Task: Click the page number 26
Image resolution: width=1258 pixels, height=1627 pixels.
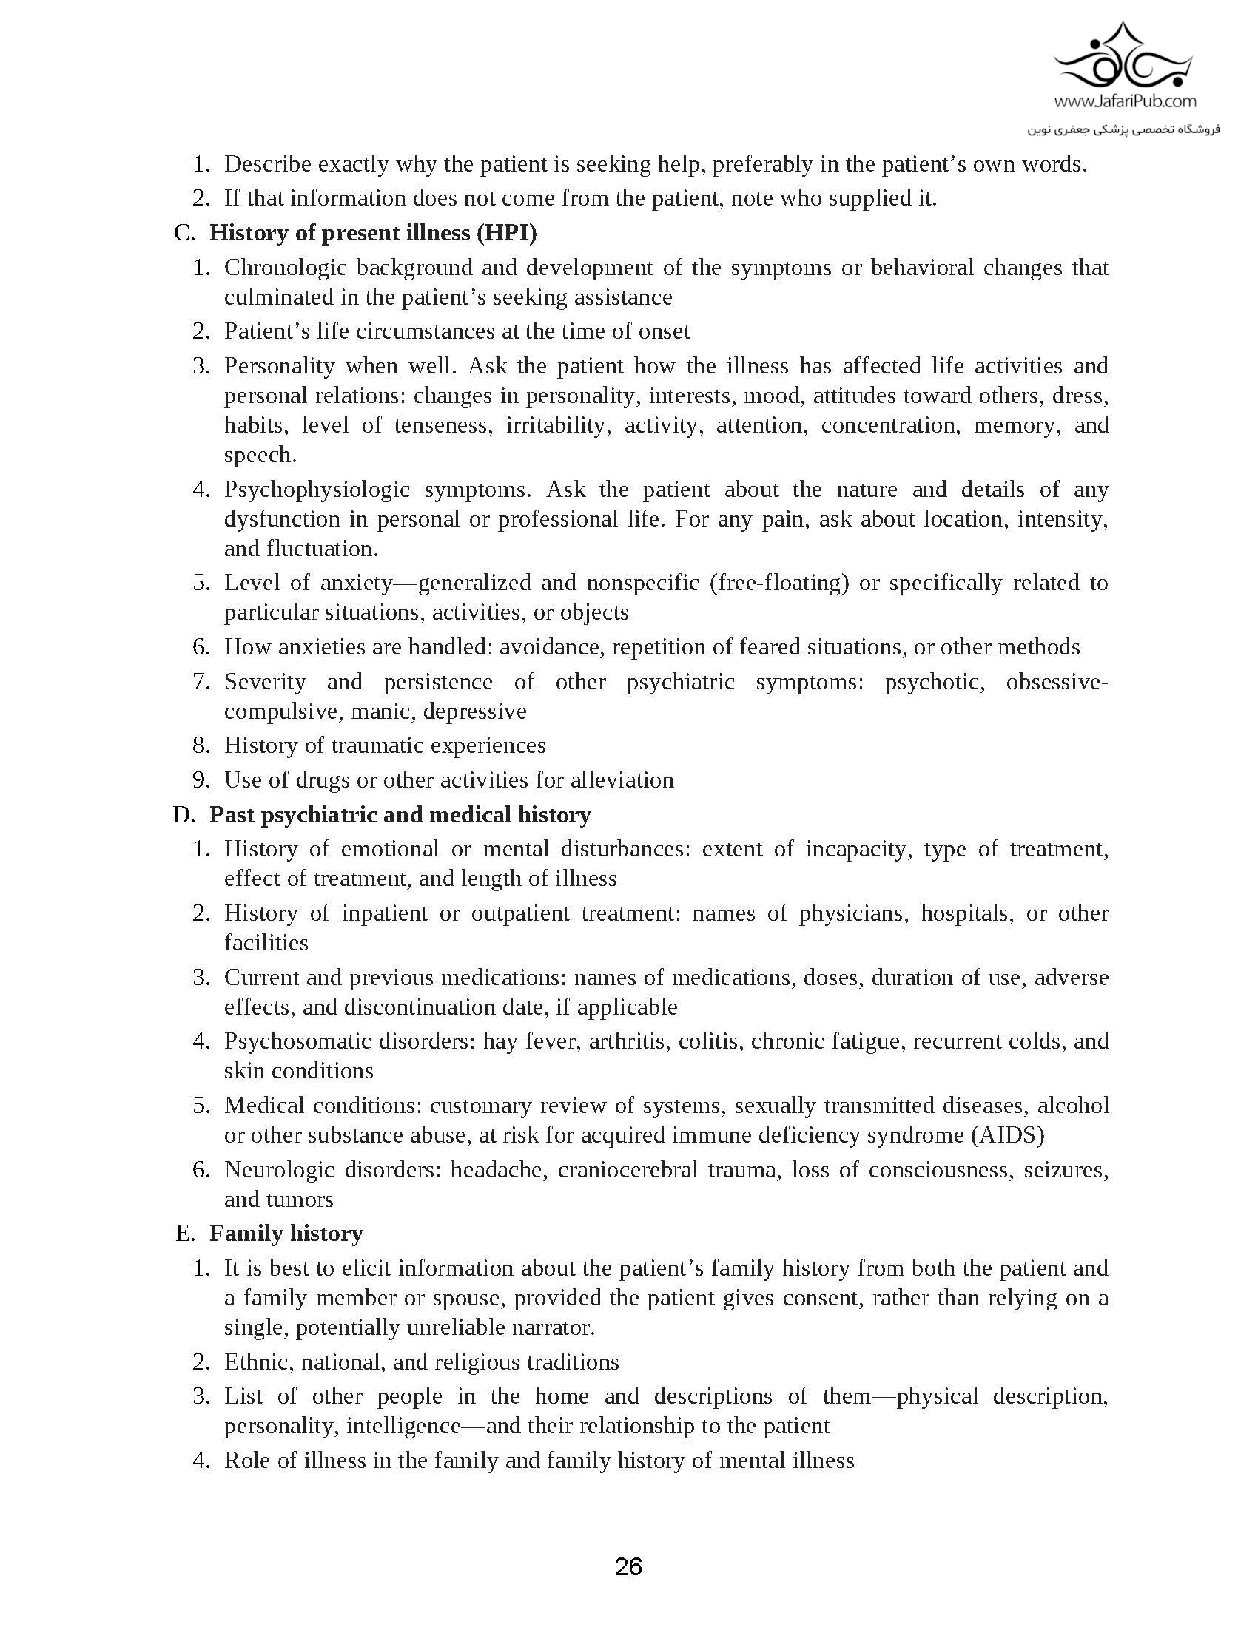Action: point(628,1566)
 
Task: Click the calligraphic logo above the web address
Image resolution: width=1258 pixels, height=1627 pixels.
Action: point(1125,59)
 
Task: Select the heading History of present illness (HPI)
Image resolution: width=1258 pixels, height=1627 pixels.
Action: point(373,232)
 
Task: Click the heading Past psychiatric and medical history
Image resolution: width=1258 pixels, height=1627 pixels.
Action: point(400,814)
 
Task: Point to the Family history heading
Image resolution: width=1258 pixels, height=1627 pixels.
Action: point(286,1233)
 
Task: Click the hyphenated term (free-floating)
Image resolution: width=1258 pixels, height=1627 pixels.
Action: point(779,583)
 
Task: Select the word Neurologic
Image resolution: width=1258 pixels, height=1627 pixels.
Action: point(279,1170)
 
